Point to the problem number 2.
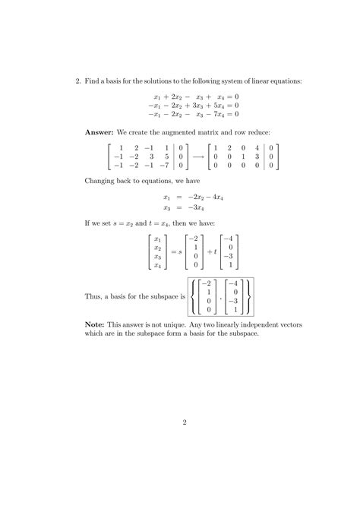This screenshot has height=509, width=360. coord(78,81)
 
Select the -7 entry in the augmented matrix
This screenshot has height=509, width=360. coord(165,165)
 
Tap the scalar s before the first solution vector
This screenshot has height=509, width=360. coord(179,250)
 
